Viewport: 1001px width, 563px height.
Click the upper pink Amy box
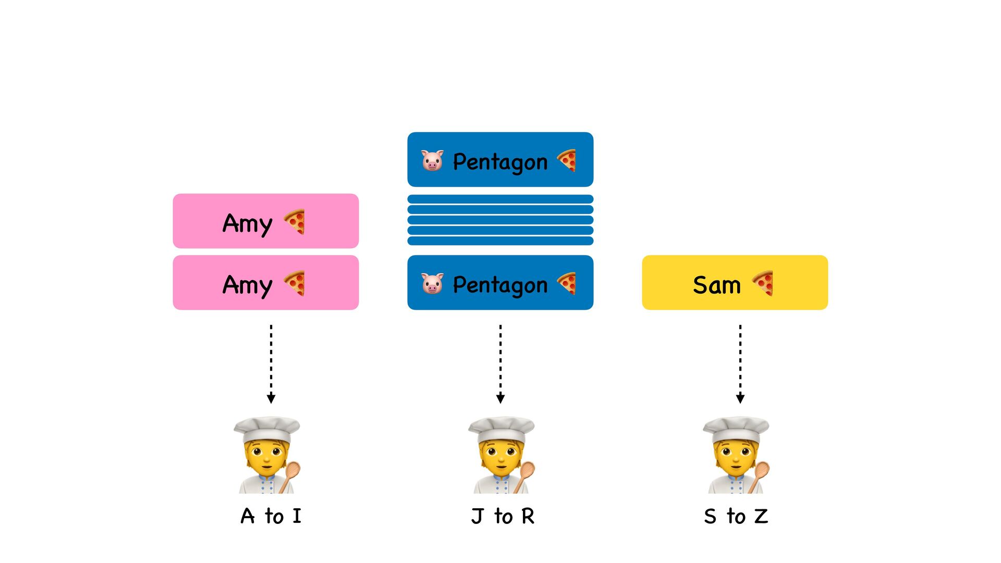pyautogui.click(x=265, y=221)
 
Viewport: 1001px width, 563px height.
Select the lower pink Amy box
pyautogui.click(x=265, y=283)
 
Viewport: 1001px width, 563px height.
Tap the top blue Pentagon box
pyautogui.click(x=500, y=160)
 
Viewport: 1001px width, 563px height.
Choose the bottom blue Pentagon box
pyautogui.click(x=500, y=283)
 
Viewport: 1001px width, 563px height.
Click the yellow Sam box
pyautogui.click(x=735, y=283)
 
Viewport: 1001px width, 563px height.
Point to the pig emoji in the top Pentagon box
pyautogui.click(x=432, y=161)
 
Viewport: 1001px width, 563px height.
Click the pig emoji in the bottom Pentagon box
pyautogui.click(x=432, y=284)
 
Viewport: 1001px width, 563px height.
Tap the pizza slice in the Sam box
pyautogui.click(x=763, y=283)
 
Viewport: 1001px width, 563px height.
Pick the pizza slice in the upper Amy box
pyautogui.click(x=295, y=222)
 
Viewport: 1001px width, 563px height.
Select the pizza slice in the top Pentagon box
pyautogui.click(x=567, y=160)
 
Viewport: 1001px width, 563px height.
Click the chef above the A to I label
pyautogui.click(x=267, y=455)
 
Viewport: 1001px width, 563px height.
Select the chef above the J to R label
pyautogui.click(x=502, y=455)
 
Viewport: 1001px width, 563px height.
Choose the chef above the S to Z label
pyautogui.click(x=736, y=455)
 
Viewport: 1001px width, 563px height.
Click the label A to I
pyautogui.click(x=271, y=516)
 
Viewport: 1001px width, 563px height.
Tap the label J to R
pyautogui.click(x=503, y=516)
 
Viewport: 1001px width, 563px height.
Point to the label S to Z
pyautogui.click(x=736, y=516)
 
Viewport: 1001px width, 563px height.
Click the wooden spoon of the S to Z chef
pyautogui.click(x=760, y=474)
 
